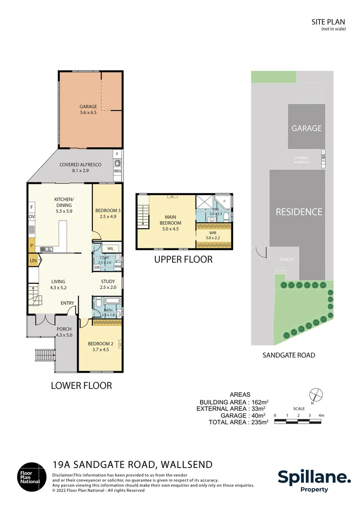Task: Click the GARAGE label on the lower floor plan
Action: (88, 107)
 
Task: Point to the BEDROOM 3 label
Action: (108, 210)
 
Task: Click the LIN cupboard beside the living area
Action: (33, 260)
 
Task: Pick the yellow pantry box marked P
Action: (32, 245)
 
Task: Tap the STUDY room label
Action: (108, 282)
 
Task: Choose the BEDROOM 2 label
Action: (98, 344)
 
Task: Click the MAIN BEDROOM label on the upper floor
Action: (171, 220)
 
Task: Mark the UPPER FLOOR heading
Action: (183, 259)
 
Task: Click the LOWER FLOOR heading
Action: (81, 386)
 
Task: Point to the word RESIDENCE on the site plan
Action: (299, 212)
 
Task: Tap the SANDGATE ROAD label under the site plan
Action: (288, 355)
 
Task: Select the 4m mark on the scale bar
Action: (321, 415)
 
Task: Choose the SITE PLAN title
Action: (328, 22)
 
